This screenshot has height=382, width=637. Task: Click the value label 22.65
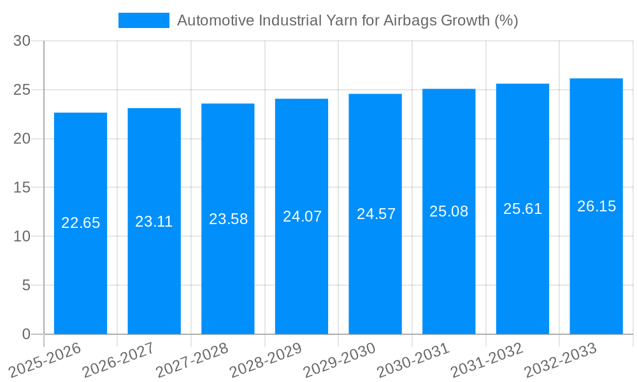tap(80, 223)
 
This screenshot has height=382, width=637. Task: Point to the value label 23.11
tap(154, 222)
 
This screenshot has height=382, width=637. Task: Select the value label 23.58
tap(228, 219)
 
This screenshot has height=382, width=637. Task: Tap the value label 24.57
tap(376, 214)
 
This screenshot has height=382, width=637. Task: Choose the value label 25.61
tap(522, 209)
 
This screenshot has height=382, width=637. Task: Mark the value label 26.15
tap(596, 206)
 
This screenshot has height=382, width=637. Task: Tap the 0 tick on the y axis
tap(26, 334)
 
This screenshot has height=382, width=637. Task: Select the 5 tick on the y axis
tap(26, 285)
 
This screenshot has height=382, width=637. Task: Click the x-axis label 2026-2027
tap(118, 360)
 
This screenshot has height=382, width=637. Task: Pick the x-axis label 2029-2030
tap(339, 360)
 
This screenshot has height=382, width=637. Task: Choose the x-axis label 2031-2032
tap(487, 360)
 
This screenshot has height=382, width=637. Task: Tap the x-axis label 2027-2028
tap(192, 360)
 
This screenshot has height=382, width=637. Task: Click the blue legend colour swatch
tap(144, 20)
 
